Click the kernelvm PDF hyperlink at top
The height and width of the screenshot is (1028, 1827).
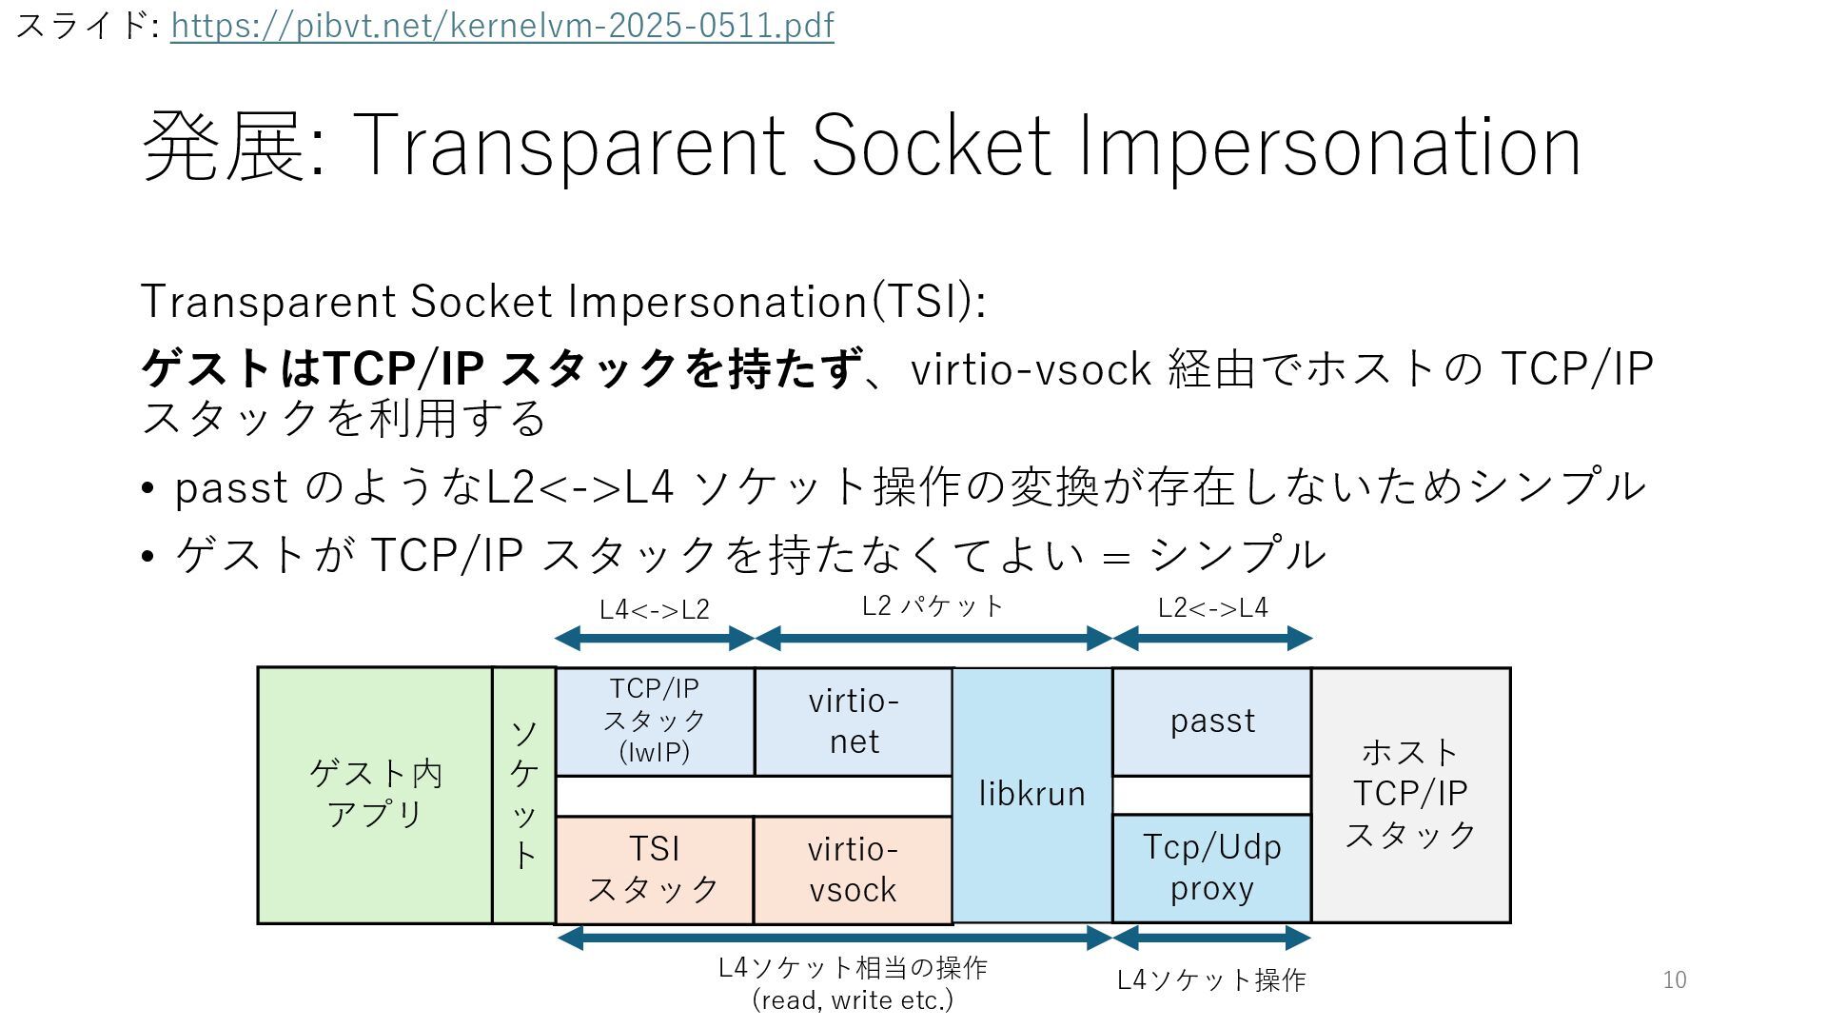pyautogui.click(x=501, y=26)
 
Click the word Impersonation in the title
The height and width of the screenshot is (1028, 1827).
pyautogui.click(x=1329, y=146)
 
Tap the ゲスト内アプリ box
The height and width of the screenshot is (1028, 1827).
pyautogui.click(x=375, y=795)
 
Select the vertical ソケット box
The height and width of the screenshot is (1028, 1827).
pyautogui.click(x=524, y=795)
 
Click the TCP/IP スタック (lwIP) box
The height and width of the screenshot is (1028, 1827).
pyautogui.click(x=655, y=721)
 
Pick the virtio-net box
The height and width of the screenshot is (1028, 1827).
pyautogui.click(x=854, y=721)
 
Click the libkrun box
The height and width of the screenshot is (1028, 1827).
pyautogui.click(x=1032, y=795)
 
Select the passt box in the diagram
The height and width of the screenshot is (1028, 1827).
pyautogui.click(x=1212, y=721)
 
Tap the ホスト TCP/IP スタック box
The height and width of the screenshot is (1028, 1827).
pyautogui.click(x=1410, y=795)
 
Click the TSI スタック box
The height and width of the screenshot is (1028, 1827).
pyautogui.click(x=655, y=869)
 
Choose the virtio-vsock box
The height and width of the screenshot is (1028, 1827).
pyautogui.click(x=853, y=869)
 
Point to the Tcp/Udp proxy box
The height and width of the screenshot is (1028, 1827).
pyautogui.click(x=1212, y=867)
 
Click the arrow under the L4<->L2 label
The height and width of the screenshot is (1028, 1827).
pyautogui.click(x=655, y=638)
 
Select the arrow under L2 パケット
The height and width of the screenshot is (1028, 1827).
pyautogui.click(x=933, y=638)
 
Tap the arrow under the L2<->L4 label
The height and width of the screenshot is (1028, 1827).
pyautogui.click(x=1212, y=638)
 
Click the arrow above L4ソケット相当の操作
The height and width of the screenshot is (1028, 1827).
pyautogui.click(x=834, y=938)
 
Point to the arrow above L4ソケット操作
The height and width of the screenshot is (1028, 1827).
pyautogui.click(x=1212, y=938)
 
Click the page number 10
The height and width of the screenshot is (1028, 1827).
pyautogui.click(x=1675, y=979)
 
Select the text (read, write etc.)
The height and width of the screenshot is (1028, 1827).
pyautogui.click(x=853, y=1000)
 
